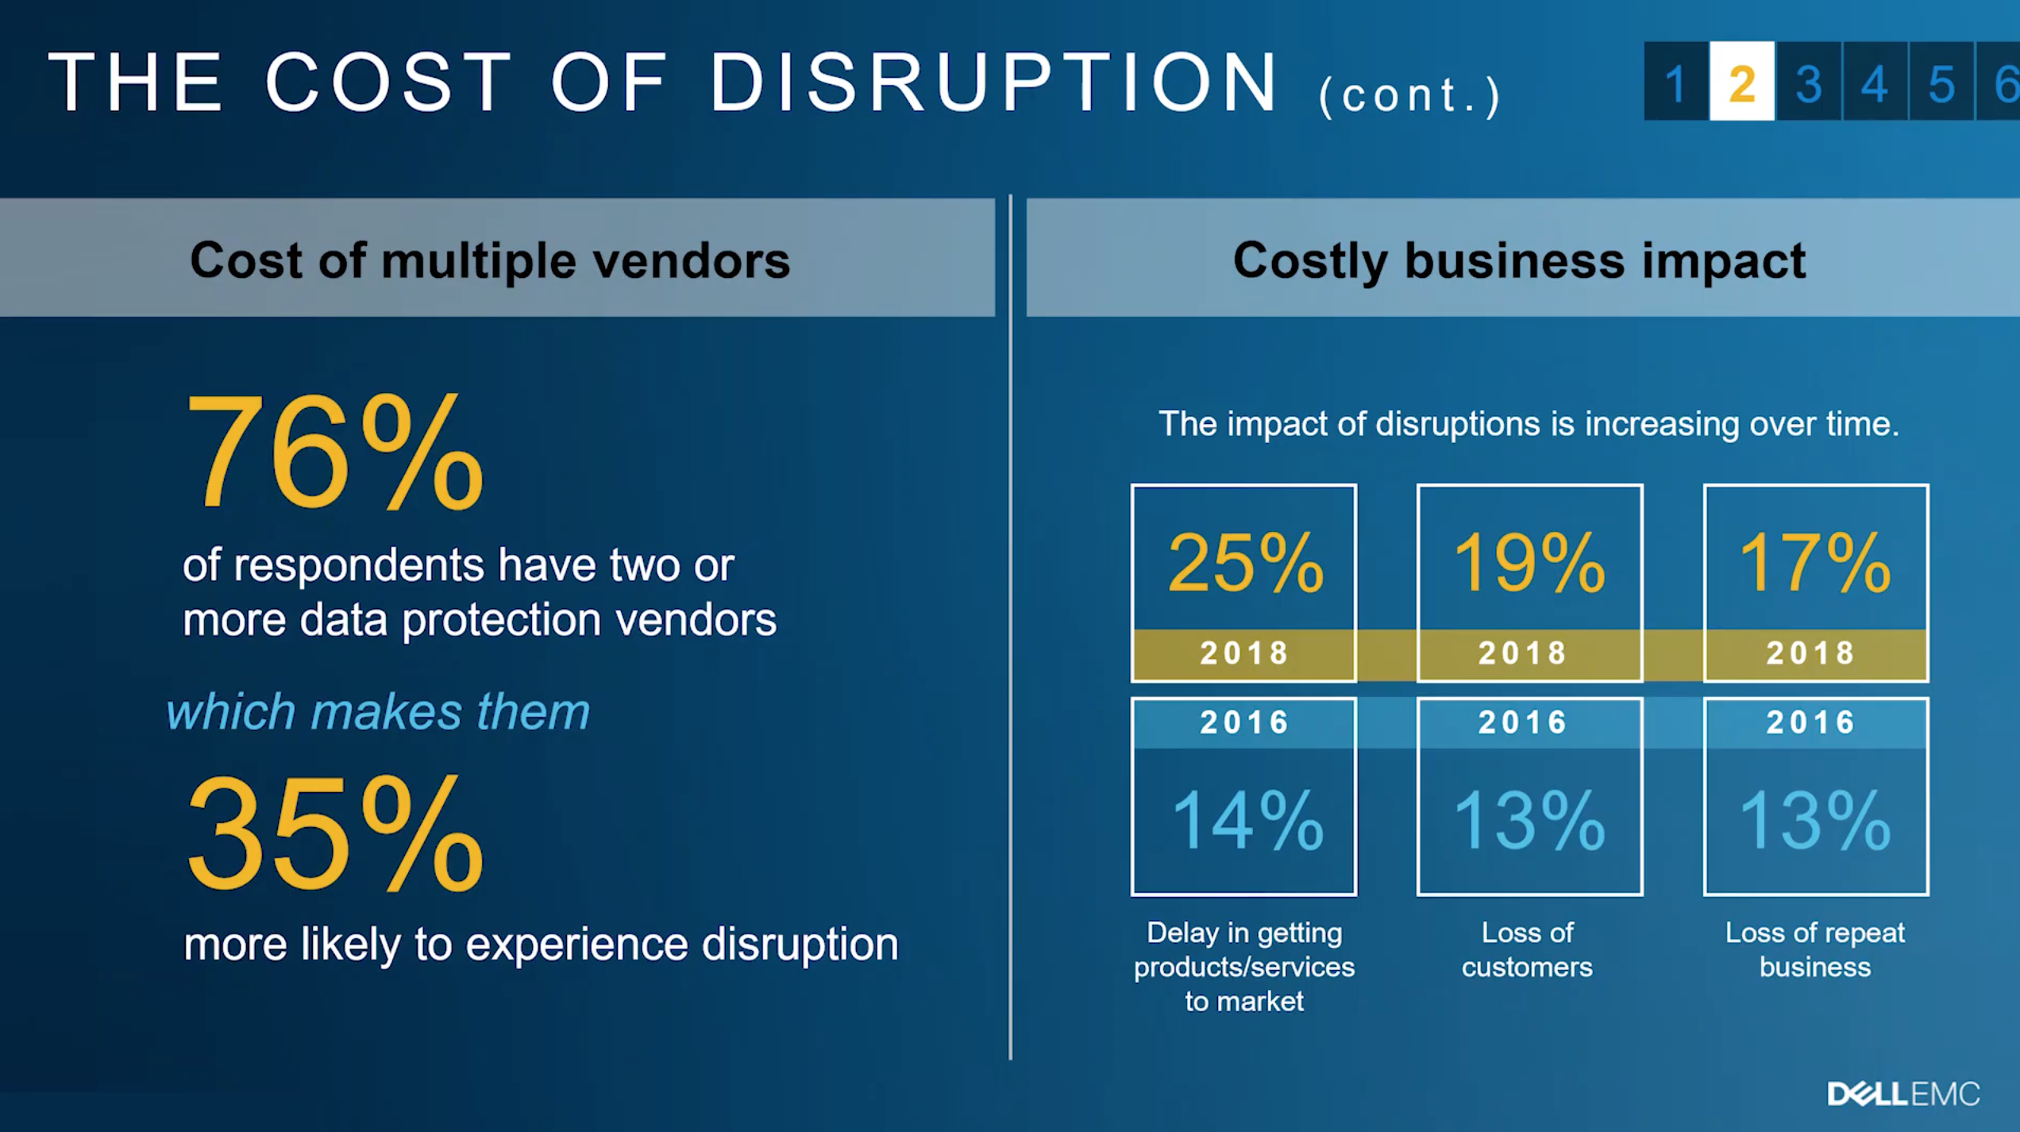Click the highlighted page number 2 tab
(1741, 81)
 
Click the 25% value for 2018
(1245, 563)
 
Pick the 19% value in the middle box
(1529, 563)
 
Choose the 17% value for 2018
(1815, 563)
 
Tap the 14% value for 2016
(1247, 820)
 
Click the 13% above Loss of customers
(1529, 820)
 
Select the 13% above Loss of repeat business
(1815, 820)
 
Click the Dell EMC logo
(1903, 1095)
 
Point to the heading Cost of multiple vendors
(490, 260)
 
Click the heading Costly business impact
(1519, 260)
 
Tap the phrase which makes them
(378, 711)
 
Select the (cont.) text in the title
(1410, 96)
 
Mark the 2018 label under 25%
(1244, 653)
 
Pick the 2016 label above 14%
(1244, 722)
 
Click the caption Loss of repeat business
(1815, 949)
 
